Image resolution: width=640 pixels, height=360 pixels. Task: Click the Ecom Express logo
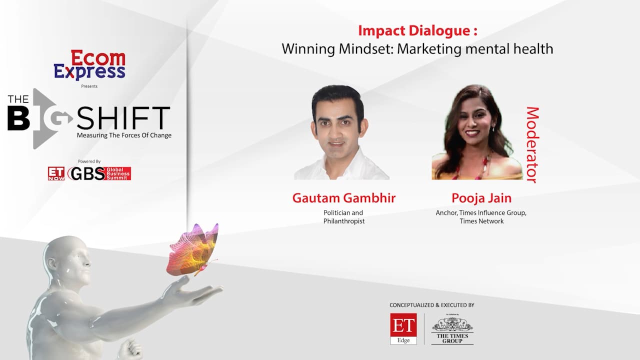89,65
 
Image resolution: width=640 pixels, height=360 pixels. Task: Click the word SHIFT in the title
123,117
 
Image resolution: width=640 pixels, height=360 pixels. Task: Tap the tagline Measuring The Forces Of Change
124,135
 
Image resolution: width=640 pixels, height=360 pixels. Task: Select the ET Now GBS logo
89,173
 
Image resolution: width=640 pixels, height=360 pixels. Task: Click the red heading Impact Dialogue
417,30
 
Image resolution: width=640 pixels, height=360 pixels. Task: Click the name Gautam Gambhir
343,198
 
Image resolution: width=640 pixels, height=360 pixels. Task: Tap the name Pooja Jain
481,198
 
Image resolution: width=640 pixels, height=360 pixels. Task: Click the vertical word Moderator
532,144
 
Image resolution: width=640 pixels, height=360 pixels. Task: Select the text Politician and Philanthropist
343,217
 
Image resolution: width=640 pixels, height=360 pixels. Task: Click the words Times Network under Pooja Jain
481,221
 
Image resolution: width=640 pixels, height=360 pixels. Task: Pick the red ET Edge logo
403,329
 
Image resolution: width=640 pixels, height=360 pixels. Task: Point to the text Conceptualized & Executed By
431,305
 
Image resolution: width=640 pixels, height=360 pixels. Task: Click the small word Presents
89,86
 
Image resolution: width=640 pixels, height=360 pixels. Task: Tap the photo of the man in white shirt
341,132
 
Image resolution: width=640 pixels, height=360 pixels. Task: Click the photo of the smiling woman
477,132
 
